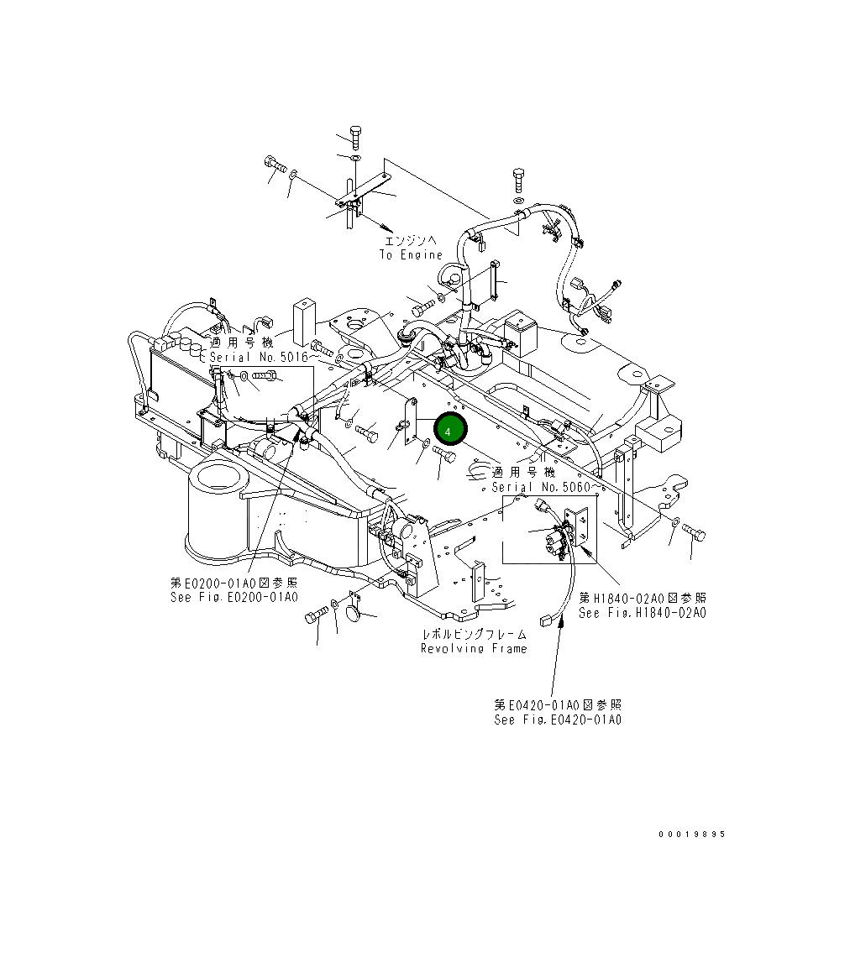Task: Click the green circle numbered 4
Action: [x=449, y=430]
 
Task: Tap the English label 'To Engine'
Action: [x=410, y=254]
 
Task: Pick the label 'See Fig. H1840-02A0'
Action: [x=642, y=613]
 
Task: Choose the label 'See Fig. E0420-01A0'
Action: [x=558, y=720]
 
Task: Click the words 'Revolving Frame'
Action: [x=474, y=648]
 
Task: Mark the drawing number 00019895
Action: [x=691, y=835]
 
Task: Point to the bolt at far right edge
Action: [x=695, y=532]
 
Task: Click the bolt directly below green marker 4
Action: [x=444, y=455]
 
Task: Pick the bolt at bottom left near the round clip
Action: [x=317, y=617]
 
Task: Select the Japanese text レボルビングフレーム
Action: [x=474, y=634]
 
